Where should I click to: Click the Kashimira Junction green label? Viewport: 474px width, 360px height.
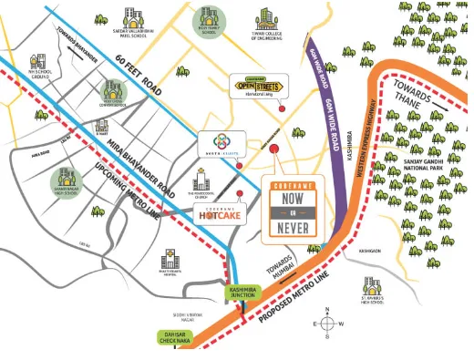point(243,293)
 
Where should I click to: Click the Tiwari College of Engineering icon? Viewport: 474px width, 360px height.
point(268,19)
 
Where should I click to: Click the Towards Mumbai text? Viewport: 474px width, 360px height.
point(282,266)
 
